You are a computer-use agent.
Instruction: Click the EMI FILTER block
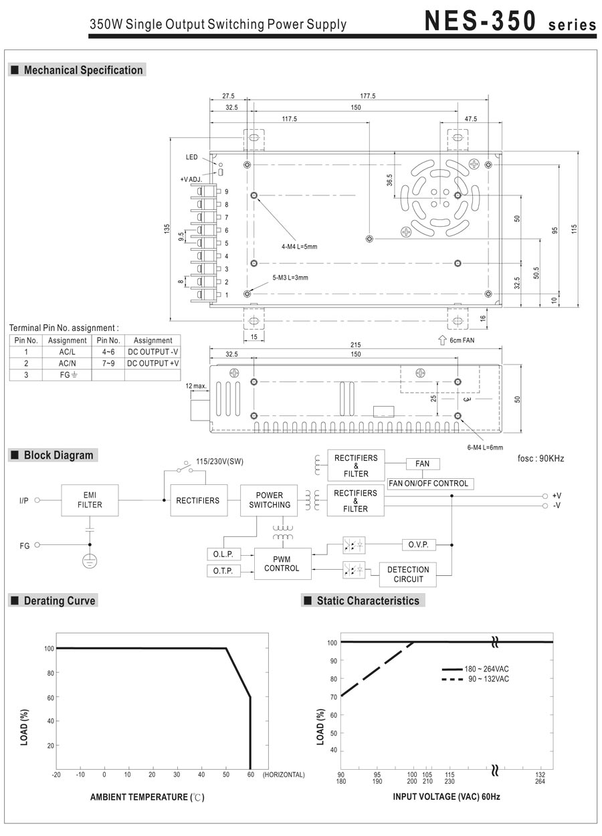point(90,500)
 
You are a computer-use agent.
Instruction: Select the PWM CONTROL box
point(283,564)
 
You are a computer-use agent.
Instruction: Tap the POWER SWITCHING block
point(270,500)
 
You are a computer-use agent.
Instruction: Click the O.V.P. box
point(419,545)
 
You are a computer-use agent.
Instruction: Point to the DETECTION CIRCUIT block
point(408,574)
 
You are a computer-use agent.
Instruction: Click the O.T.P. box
point(223,571)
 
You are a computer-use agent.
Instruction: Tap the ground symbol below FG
point(89,560)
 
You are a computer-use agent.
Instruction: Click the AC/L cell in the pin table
point(68,351)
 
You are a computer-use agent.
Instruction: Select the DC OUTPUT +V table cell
point(153,363)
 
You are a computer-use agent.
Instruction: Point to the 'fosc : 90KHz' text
point(540,459)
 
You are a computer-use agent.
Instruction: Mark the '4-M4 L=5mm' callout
point(299,247)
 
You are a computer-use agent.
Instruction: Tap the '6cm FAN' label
point(462,340)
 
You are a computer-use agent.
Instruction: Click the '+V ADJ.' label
point(191,179)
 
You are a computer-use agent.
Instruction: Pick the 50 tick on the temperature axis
point(226,774)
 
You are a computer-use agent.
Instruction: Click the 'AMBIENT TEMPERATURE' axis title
point(146,797)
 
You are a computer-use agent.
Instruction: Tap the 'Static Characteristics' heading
point(368,601)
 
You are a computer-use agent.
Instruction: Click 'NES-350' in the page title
point(480,21)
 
